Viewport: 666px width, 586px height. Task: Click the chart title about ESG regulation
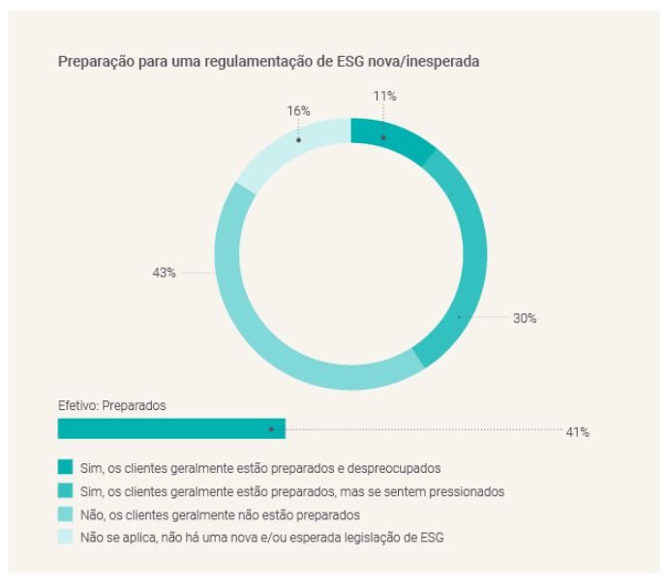[270, 61]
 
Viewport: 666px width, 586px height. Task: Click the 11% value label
[384, 96]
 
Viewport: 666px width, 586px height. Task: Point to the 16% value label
[298, 111]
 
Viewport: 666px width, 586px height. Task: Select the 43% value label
[164, 274]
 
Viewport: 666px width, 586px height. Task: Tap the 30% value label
[525, 318]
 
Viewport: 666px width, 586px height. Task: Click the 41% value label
[577, 432]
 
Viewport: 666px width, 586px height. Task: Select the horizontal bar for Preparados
[171, 428]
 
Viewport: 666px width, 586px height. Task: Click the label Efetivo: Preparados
[111, 406]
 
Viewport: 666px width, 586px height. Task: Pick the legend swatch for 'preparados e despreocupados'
[66, 468]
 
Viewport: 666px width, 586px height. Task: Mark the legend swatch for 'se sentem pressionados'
[66, 491]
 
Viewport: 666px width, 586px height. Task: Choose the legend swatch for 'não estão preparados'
[66, 514]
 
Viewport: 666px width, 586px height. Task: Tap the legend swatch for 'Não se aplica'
[66, 538]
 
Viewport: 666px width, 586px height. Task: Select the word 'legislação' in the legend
[365, 538]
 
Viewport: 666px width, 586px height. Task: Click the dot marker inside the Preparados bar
[271, 428]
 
